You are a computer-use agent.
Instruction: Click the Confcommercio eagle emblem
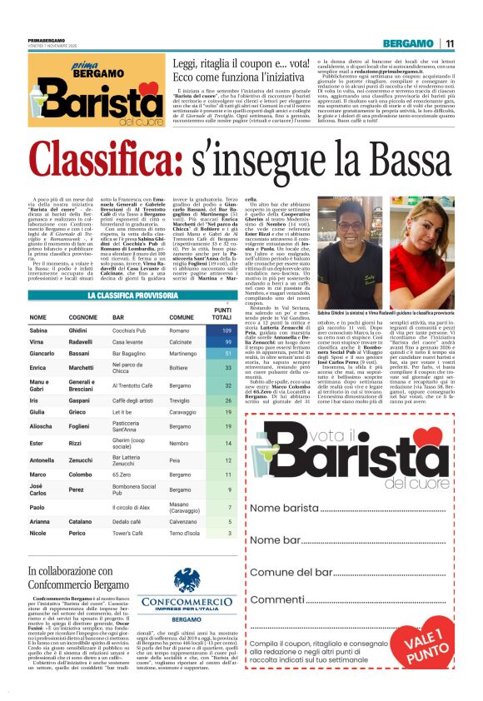coord(187,580)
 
